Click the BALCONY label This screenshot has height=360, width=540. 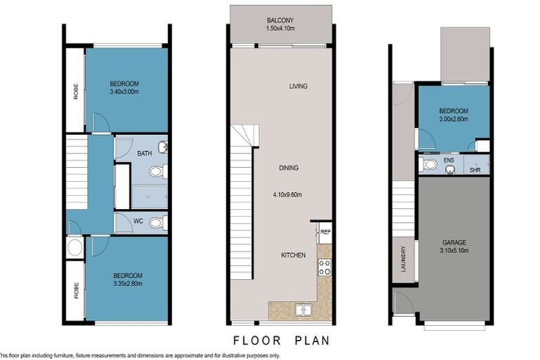point(280,20)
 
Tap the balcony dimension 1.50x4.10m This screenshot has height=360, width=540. point(280,28)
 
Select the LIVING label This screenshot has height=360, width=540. point(299,86)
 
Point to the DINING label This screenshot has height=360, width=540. point(289,168)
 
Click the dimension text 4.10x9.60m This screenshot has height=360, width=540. point(289,195)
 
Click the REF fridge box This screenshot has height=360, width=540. point(325,232)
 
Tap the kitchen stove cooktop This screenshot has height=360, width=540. point(325,266)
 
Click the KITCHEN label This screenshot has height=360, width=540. point(293,255)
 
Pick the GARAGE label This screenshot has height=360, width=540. point(454,242)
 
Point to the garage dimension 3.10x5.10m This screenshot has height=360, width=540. point(454,251)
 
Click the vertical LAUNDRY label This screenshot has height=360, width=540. point(404,259)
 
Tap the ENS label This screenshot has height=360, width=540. point(449,160)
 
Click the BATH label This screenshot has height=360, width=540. point(145,153)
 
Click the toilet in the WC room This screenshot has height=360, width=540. point(158,223)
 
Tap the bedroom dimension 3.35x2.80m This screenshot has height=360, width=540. point(127,284)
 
